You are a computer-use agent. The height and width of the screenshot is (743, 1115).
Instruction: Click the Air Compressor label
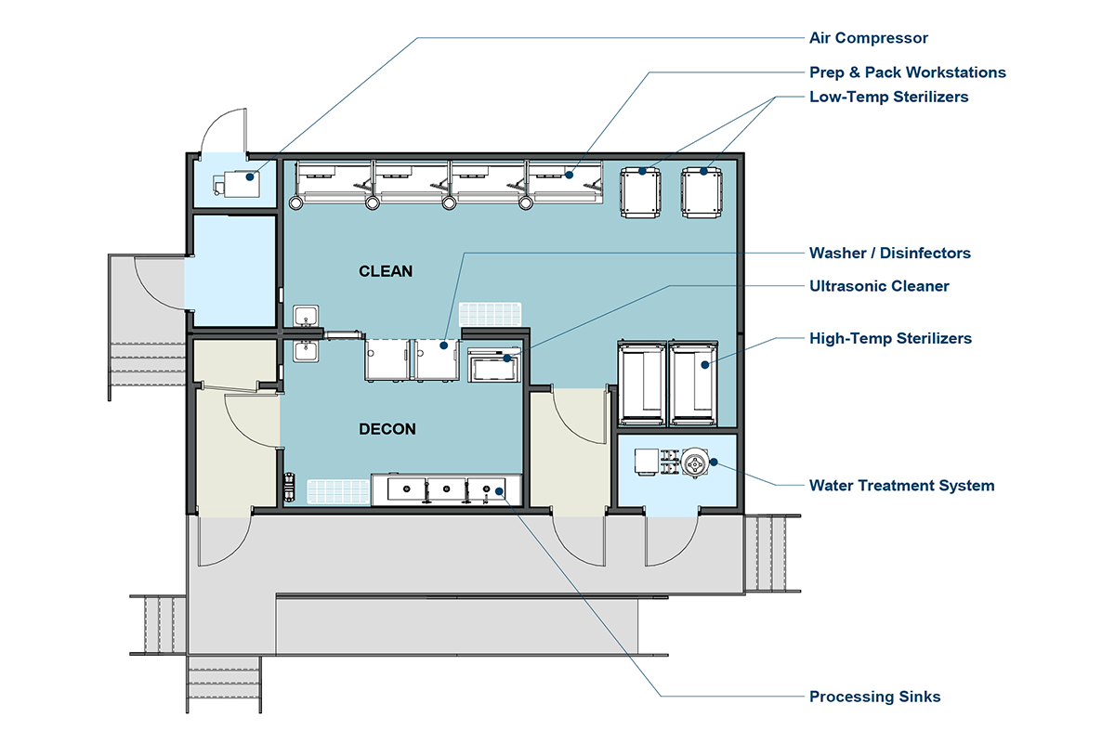point(868,38)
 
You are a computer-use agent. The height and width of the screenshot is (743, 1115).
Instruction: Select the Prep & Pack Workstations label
point(908,72)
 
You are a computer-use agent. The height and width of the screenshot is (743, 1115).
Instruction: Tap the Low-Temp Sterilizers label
point(888,97)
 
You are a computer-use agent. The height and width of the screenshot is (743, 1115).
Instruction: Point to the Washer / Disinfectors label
point(889,253)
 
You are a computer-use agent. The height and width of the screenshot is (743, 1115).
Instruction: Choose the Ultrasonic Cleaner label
point(879,286)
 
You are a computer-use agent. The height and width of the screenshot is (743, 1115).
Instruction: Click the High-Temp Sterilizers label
point(890,338)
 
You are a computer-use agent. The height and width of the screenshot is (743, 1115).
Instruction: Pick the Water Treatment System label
point(901,485)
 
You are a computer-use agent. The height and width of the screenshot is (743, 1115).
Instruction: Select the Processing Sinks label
point(874,697)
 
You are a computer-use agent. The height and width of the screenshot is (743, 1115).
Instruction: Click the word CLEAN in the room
point(386,271)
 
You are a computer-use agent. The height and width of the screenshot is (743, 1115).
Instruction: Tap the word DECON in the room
point(387,429)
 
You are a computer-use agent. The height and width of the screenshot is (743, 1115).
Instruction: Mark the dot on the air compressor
point(250,176)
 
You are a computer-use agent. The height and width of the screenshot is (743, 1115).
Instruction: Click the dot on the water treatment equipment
point(714,462)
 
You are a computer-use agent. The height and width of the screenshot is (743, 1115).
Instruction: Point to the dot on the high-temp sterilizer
point(705,365)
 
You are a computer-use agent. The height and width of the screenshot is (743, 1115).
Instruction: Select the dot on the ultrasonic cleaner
point(506,358)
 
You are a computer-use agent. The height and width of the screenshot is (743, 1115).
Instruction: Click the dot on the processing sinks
point(499,491)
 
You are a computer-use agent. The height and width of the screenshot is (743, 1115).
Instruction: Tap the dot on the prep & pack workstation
point(569,175)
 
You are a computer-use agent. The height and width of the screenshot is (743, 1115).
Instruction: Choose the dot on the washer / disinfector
point(443,345)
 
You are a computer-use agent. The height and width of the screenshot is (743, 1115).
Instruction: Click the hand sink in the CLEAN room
point(306,317)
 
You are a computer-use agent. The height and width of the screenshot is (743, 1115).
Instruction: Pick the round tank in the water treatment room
point(694,463)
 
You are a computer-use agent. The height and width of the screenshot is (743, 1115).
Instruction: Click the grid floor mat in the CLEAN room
point(490,315)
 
